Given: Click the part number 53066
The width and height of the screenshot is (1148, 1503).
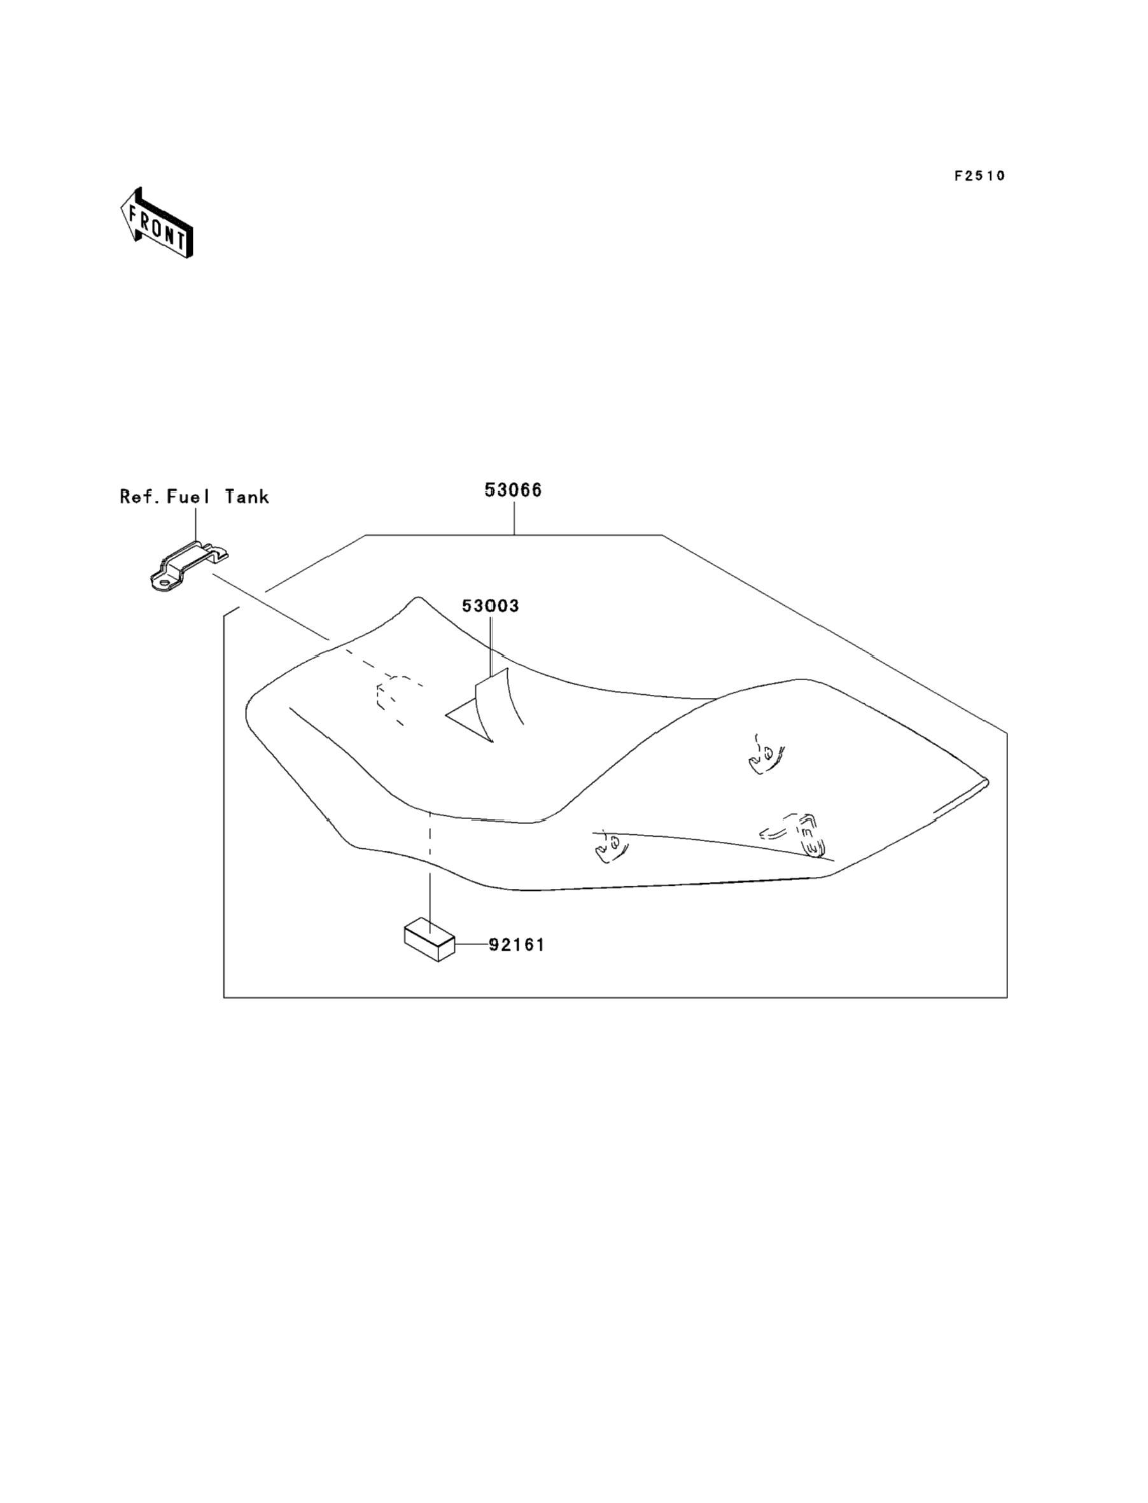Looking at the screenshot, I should tap(512, 490).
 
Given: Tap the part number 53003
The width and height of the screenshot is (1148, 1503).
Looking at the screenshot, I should tap(490, 606).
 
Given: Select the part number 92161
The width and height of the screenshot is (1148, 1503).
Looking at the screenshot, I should tap(517, 945).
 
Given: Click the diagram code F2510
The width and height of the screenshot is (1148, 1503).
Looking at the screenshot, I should tap(979, 176).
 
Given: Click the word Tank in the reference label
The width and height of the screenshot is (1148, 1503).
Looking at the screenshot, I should tap(247, 497).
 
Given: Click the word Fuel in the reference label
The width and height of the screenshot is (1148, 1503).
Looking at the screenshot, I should tap(188, 497).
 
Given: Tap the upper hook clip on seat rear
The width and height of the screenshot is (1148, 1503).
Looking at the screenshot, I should tap(766, 754).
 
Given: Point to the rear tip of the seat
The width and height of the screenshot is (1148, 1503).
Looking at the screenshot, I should tap(985, 781).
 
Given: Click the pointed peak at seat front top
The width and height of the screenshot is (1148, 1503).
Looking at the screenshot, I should tap(417, 599).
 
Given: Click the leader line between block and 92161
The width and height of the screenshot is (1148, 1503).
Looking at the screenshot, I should tap(471, 944).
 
